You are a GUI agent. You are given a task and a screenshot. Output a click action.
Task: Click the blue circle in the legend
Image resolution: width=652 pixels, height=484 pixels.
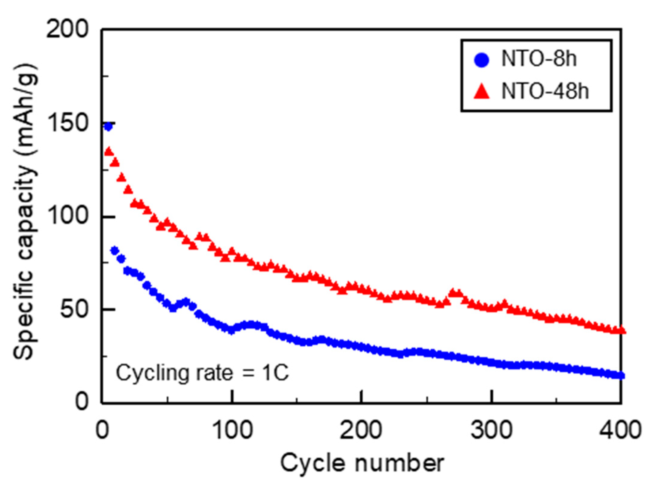click(x=482, y=60)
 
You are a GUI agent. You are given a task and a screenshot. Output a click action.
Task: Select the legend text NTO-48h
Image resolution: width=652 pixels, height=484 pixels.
click(x=545, y=91)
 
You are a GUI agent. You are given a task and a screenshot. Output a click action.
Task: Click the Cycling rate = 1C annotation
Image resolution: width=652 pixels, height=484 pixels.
click(x=202, y=373)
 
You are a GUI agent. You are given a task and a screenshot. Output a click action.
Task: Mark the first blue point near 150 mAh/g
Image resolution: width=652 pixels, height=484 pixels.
click(x=108, y=126)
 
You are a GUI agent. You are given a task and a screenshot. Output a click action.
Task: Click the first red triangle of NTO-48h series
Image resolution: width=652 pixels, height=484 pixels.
click(x=109, y=152)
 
